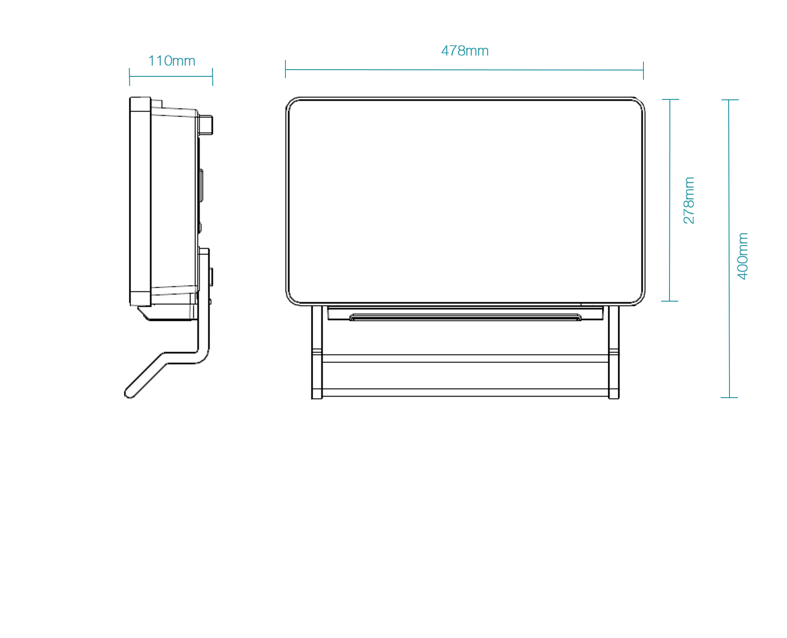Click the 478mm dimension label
[x=465, y=51]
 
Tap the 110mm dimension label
[x=172, y=61]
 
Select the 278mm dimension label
[x=689, y=200]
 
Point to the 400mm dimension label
[x=743, y=256]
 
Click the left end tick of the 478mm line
[x=285, y=69]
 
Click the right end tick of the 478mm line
[x=643, y=70]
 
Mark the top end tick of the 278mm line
[x=670, y=99]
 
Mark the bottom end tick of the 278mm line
[x=669, y=301]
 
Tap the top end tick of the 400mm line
[x=729, y=100]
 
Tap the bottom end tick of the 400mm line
[x=729, y=397]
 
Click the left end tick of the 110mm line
[x=129, y=77]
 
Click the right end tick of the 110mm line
[x=213, y=77]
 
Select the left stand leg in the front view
[x=317, y=352]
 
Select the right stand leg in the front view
[x=614, y=352]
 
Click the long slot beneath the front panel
[x=465, y=317]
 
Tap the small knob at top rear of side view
[x=206, y=125]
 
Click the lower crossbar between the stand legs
[x=465, y=393]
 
